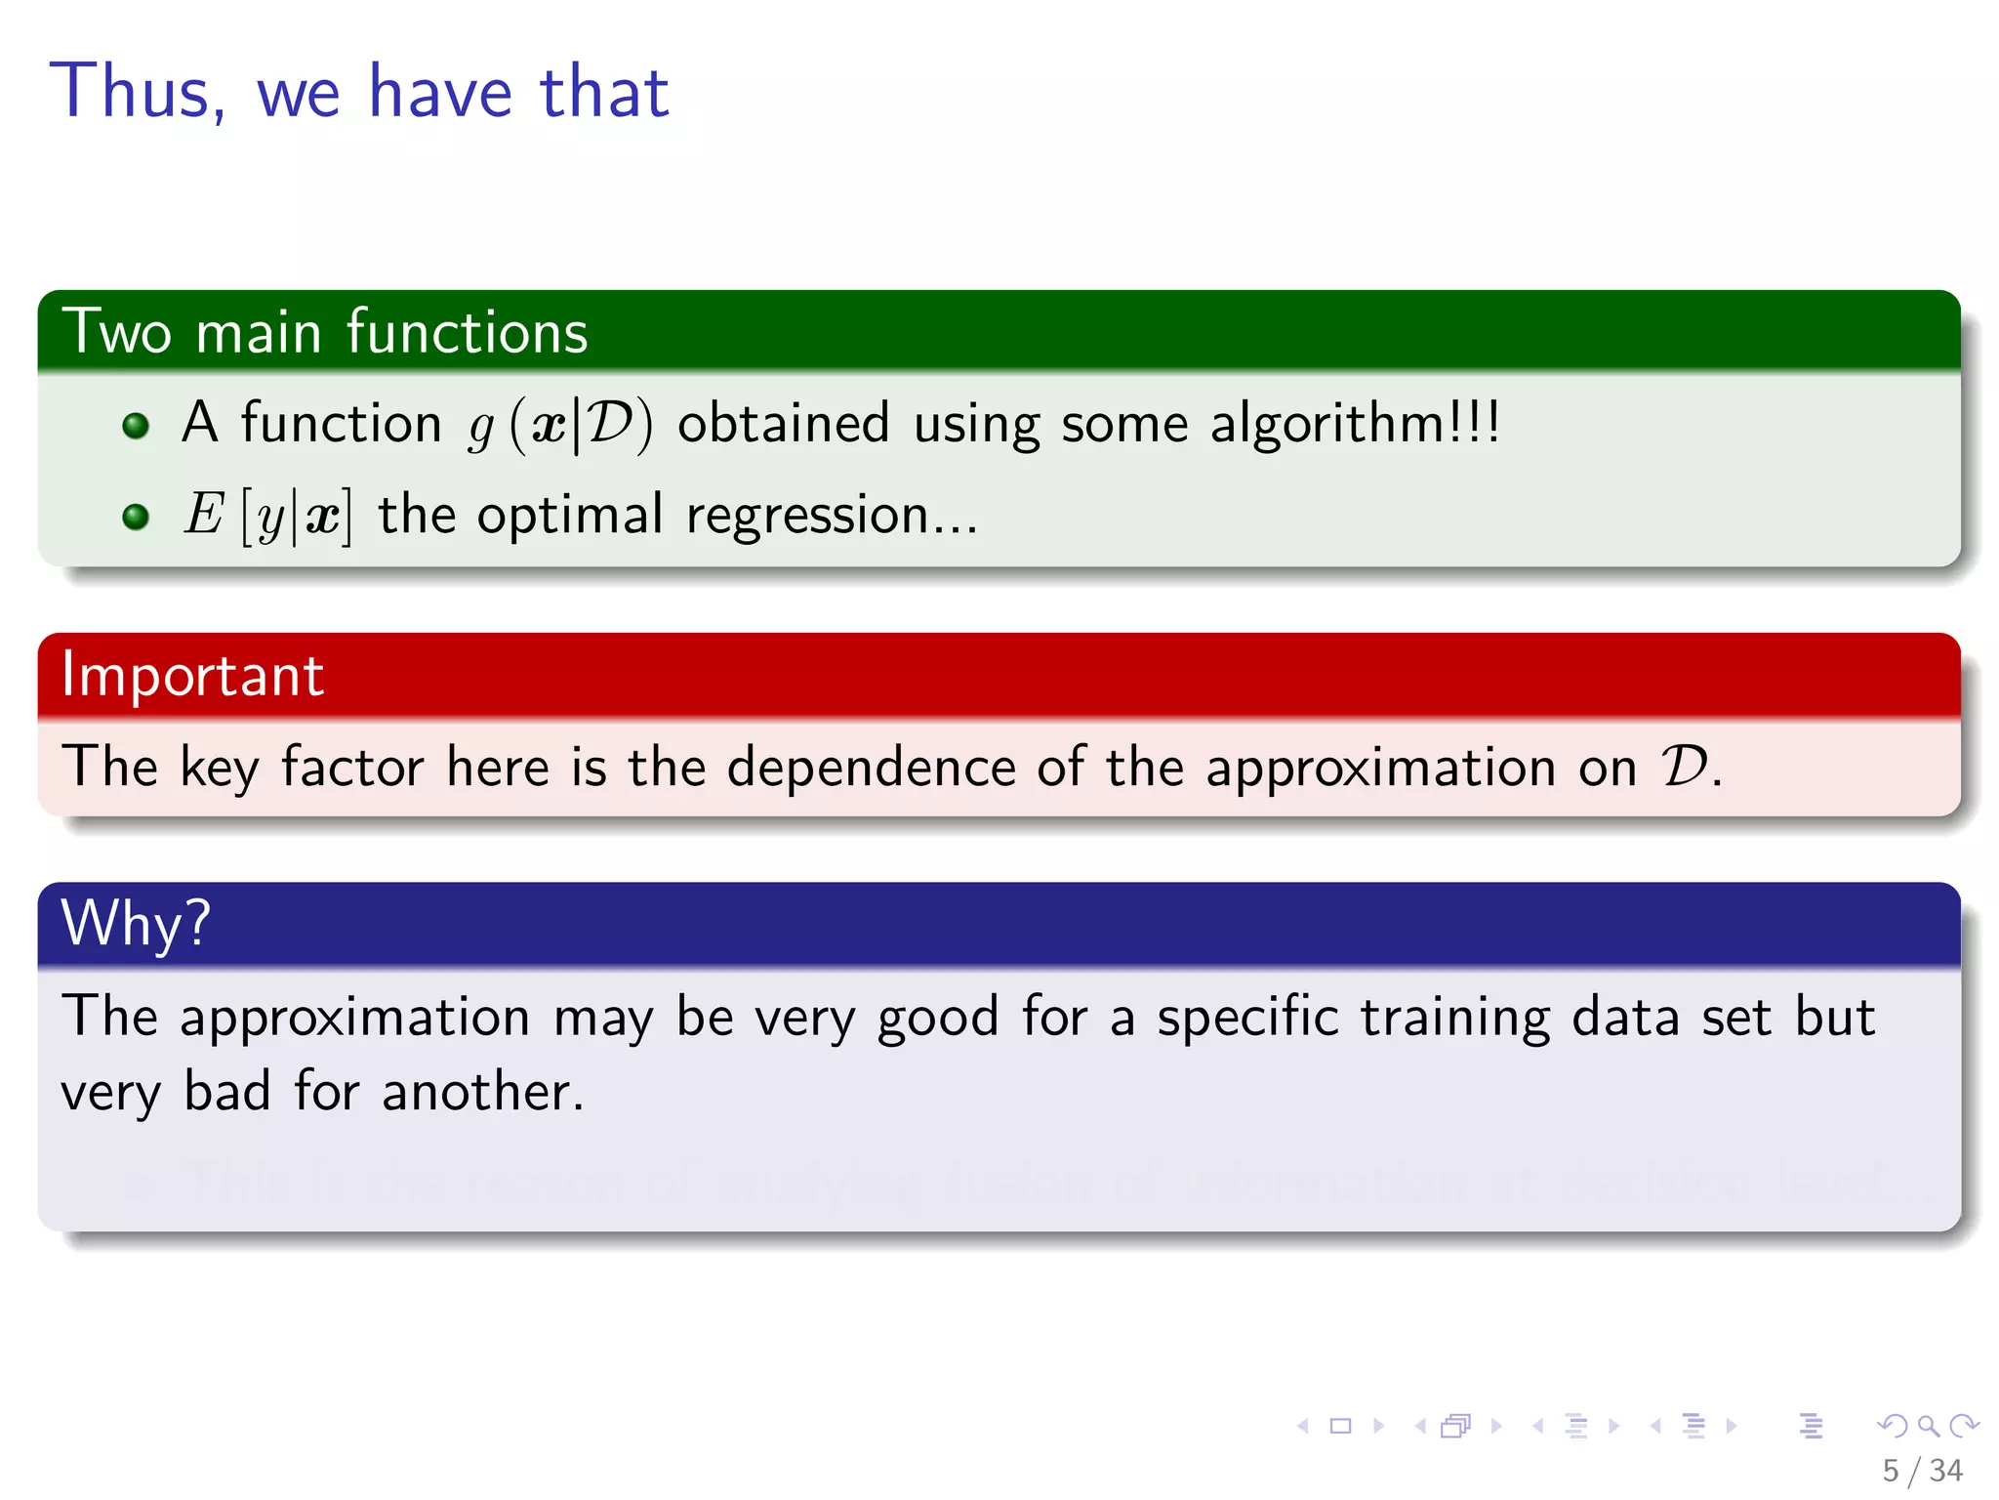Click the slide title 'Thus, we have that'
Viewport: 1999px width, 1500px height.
(359, 91)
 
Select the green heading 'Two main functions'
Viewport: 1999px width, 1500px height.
(325, 332)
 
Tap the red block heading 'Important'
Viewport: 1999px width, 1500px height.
(192, 675)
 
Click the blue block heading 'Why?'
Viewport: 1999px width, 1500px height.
(136, 923)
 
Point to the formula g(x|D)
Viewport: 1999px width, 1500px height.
(560, 426)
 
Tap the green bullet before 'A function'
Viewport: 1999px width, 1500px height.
(136, 426)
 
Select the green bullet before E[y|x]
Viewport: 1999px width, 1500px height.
(136, 517)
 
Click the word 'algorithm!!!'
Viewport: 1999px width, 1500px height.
(1354, 424)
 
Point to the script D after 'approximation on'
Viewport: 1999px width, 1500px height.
(1686, 766)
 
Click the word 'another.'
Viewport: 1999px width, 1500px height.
(482, 1092)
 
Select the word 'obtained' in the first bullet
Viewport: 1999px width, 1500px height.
(783, 424)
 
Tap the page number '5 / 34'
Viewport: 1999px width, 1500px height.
(1921, 1471)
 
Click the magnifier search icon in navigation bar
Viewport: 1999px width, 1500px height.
(1928, 1426)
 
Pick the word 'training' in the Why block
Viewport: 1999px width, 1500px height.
(1454, 1019)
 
